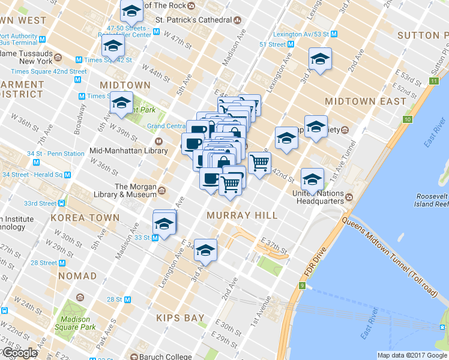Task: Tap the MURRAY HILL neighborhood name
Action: pos(242,215)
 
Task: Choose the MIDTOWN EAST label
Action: pos(366,101)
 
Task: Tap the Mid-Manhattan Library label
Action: pos(128,151)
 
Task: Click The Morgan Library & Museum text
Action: pos(128,190)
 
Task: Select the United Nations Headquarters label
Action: pos(318,197)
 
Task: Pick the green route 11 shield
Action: pos(434,81)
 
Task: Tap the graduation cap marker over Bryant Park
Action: pos(122,103)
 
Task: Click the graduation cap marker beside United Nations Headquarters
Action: pos(312,178)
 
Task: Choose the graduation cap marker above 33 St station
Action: pos(164,222)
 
